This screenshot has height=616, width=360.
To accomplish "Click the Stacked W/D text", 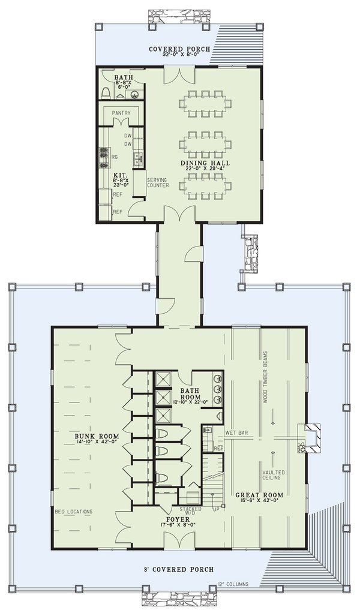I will click(190, 509).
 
